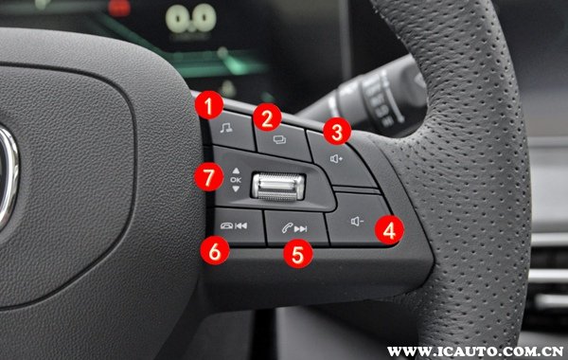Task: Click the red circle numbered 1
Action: [208, 105]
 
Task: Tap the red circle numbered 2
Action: [267, 117]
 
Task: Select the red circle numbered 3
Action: [337, 131]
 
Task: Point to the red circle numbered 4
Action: [389, 230]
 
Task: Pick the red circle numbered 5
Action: [298, 254]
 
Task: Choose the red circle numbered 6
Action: [215, 250]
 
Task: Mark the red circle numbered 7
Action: [208, 177]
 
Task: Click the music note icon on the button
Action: [226, 128]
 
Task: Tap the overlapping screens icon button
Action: [279, 139]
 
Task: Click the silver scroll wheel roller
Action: [278, 187]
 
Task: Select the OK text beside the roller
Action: [236, 179]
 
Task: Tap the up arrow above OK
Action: [236, 171]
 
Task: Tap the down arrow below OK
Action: [236, 189]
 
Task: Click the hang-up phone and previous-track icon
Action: [234, 226]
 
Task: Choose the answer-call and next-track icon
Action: [294, 228]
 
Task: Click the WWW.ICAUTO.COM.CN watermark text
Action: [475, 351]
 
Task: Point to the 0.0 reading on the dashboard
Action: [191, 18]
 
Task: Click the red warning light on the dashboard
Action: [119, 8]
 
